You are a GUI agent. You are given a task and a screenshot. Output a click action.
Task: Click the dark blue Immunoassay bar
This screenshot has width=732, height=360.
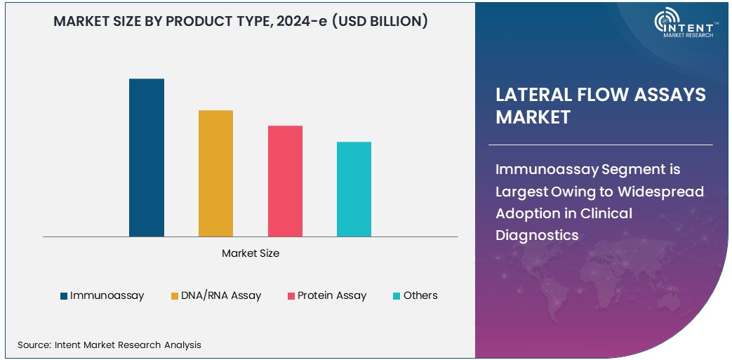click(147, 158)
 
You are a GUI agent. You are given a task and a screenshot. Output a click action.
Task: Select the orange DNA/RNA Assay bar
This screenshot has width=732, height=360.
click(215, 173)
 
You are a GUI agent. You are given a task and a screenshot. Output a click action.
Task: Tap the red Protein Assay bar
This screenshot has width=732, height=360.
click(285, 181)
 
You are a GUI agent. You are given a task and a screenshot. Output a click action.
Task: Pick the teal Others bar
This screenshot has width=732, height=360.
click(354, 189)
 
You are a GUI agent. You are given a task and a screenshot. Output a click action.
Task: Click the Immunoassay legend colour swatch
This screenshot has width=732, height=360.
click(64, 296)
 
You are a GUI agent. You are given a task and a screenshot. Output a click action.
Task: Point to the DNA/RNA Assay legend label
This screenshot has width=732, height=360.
click(221, 295)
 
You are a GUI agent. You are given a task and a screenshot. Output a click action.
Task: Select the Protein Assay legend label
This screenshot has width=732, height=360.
click(332, 295)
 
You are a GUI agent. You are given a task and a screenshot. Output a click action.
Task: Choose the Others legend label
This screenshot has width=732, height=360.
click(420, 295)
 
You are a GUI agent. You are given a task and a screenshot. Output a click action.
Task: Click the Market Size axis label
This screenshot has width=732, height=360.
click(251, 253)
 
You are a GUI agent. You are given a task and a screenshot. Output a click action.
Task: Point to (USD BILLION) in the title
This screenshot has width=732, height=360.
click(380, 21)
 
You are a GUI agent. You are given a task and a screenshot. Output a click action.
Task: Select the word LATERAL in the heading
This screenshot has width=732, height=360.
click(535, 95)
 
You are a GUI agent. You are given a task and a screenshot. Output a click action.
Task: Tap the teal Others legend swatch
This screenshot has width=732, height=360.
click(397, 296)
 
